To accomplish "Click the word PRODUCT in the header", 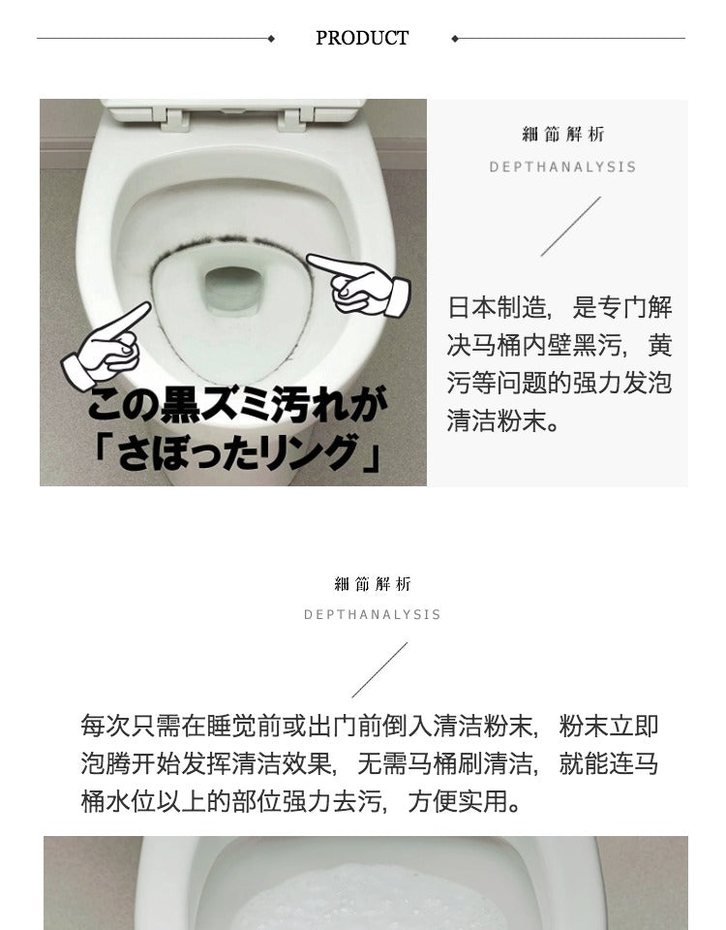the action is pyautogui.click(x=362, y=38).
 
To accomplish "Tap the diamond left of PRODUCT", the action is pyautogui.click(x=271, y=39).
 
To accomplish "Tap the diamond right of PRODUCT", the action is pyautogui.click(x=455, y=39).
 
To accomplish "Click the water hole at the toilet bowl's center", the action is pyautogui.click(x=233, y=290).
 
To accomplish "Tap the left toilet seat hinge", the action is pyautogui.click(x=174, y=119).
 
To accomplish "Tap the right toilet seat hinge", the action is pyautogui.click(x=293, y=119).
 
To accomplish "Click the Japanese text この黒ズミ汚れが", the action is pyautogui.click(x=237, y=405).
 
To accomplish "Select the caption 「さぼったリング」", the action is pyautogui.click(x=237, y=452).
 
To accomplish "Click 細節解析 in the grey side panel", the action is pyautogui.click(x=563, y=135).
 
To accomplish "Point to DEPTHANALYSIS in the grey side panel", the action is pyautogui.click(x=562, y=168).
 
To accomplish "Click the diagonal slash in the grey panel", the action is pyautogui.click(x=571, y=227).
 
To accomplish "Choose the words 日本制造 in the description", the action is pyautogui.click(x=497, y=308).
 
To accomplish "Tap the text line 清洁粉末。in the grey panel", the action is pyautogui.click(x=503, y=420).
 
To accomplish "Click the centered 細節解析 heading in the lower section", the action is pyautogui.click(x=373, y=584).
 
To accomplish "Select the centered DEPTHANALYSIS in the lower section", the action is pyautogui.click(x=372, y=614).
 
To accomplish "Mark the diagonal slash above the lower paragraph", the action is pyautogui.click(x=379, y=669).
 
